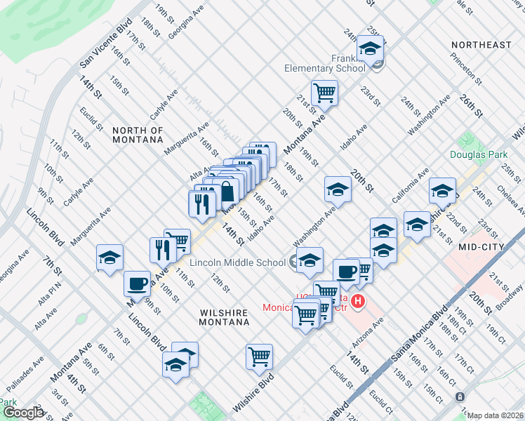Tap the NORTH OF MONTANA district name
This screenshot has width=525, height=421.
click(x=138, y=135)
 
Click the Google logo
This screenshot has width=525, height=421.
click(x=23, y=413)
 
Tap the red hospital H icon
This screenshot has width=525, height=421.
click(x=358, y=302)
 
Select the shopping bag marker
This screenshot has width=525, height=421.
click(x=227, y=192)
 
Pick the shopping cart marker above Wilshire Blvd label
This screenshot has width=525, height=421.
click(x=260, y=356)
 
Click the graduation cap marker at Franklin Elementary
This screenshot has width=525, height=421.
click(x=369, y=49)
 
